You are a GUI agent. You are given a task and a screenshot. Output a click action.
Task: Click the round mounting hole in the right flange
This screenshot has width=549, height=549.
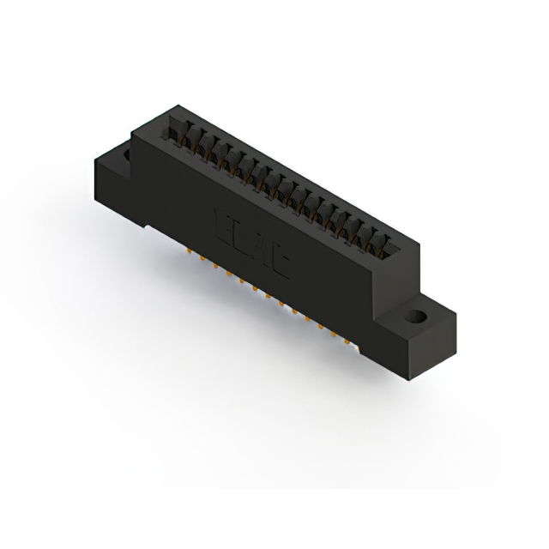[417, 316]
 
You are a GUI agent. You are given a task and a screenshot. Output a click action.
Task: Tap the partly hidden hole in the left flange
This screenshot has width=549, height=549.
[126, 155]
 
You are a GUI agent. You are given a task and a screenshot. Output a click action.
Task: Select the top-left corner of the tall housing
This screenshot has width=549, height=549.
[132, 130]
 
